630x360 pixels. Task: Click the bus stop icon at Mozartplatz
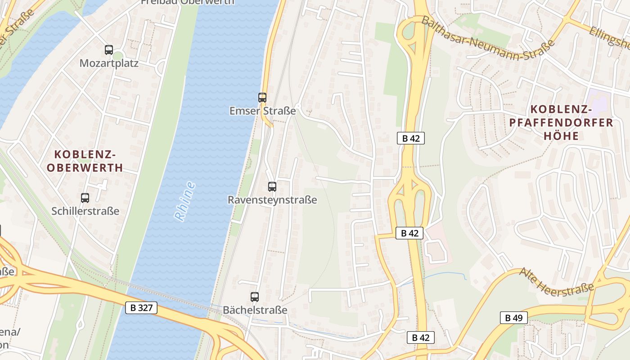(x=108, y=50)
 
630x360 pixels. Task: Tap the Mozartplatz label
(x=109, y=63)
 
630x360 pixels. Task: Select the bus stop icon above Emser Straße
(x=262, y=97)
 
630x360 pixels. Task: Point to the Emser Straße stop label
(x=262, y=111)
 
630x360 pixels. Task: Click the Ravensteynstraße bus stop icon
(x=272, y=186)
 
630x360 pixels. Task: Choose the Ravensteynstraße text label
(x=272, y=200)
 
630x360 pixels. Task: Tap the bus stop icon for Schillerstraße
(x=85, y=198)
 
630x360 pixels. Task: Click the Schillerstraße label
(x=85, y=211)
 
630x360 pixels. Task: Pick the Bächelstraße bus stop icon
(x=255, y=297)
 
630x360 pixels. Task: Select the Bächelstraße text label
(x=255, y=310)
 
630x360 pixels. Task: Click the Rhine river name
(x=184, y=201)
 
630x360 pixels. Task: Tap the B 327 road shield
(x=141, y=308)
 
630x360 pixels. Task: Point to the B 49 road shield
(x=513, y=318)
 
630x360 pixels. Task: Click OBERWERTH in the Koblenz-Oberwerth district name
(x=85, y=168)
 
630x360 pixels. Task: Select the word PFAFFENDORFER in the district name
(x=561, y=122)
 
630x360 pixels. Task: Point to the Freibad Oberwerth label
(x=188, y=2)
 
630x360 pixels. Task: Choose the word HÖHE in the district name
(x=561, y=135)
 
